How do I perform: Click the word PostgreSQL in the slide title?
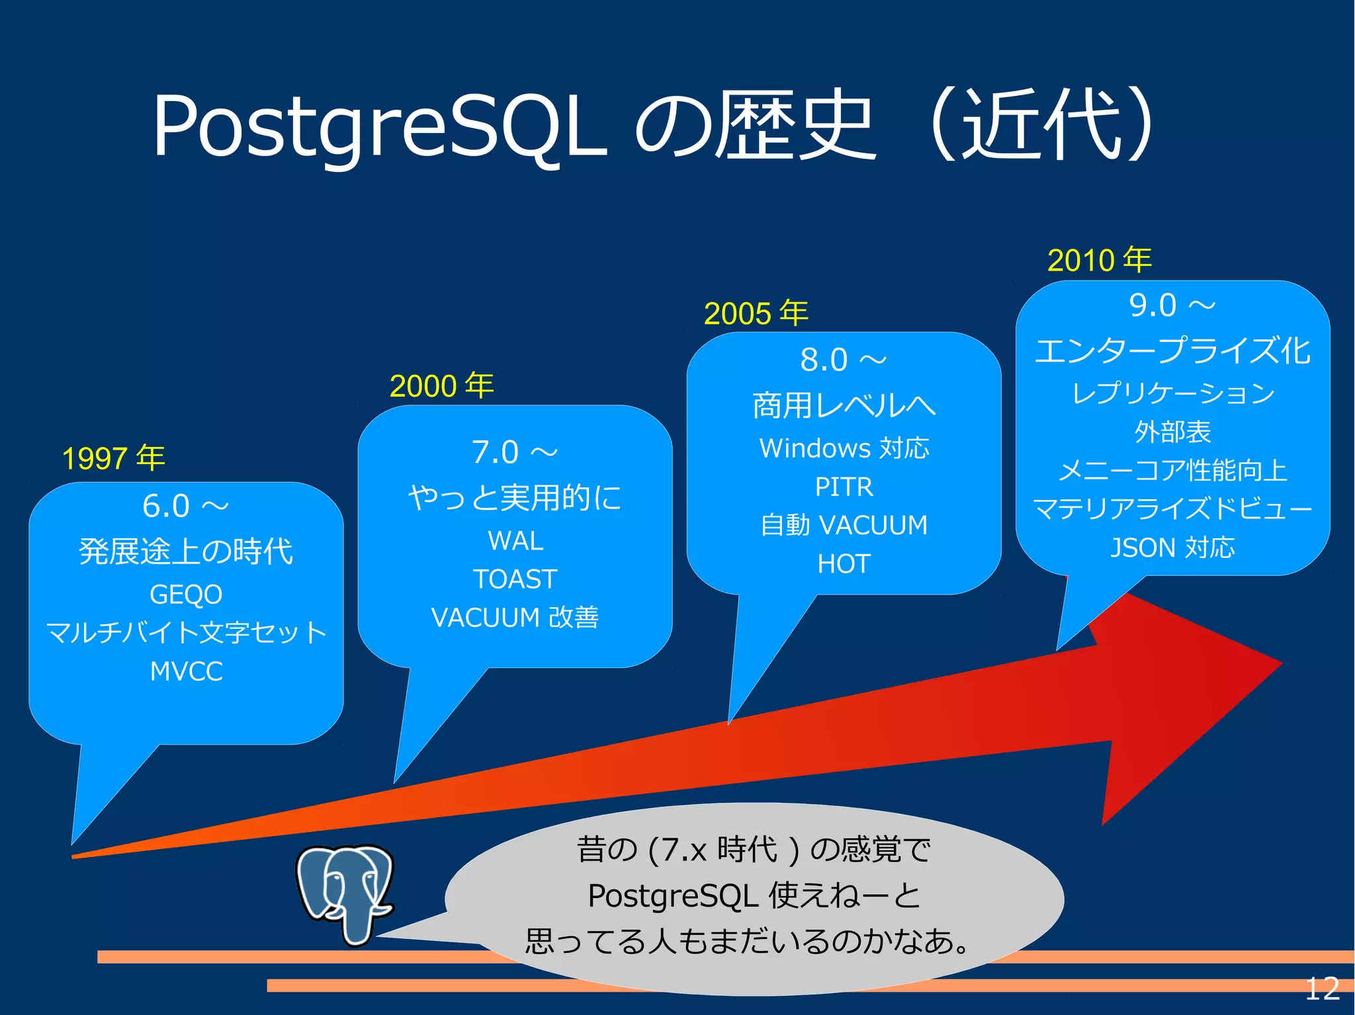point(379,126)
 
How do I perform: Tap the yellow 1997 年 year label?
point(113,458)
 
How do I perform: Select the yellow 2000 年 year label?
point(441,386)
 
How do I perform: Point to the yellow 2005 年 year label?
point(756,313)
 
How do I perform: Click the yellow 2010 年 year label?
point(1099,260)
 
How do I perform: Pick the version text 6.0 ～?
point(185,507)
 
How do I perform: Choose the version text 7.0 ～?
point(514,452)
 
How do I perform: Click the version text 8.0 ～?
point(843,360)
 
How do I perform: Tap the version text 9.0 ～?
point(1172,305)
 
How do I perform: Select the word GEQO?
point(186,594)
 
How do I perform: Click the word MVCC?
point(186,671)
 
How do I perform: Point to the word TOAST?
point(515,579)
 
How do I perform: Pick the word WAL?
point(515,541)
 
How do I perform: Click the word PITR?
point(844,487)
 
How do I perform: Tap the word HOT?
point(844,563)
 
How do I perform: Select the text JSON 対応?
point(1172,548)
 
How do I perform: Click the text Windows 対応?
point(844,448)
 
